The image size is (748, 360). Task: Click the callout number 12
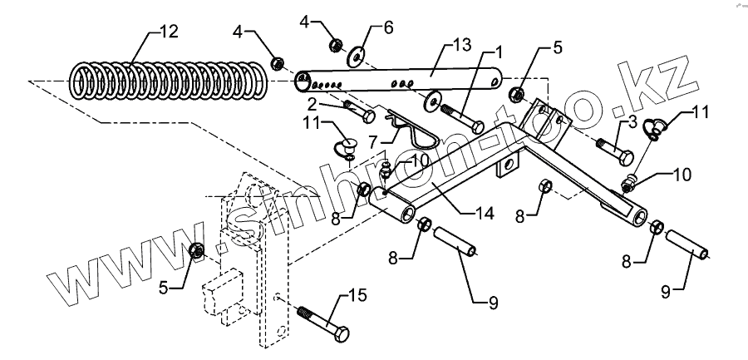click(x=168, y=32)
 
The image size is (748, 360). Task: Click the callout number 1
click(x=499, y=53)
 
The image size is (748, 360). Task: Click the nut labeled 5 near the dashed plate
click(x=197, y=249)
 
